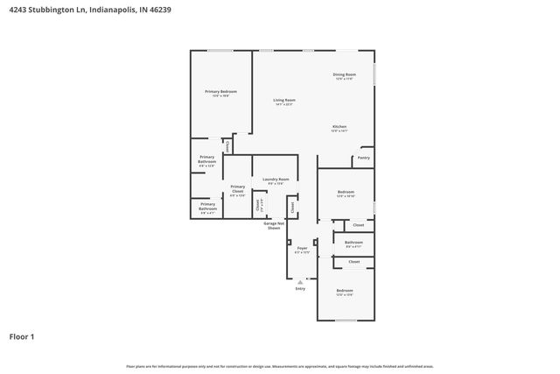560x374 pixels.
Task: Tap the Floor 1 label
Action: pyautogui.click(x=22, y=335)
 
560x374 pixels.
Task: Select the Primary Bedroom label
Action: pyautogui.click(x=220, y=92)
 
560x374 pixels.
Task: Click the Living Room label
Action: pyautogui.click(x=283, y=101)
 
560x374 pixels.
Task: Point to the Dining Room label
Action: pyautogui.click(x=344, y=75)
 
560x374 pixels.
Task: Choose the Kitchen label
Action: pyautogui.click(x=339, y=127)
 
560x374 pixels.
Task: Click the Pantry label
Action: pyautogui.click(x=363, y=158)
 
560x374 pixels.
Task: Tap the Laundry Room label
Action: pyautogui.click(x=276, y=179)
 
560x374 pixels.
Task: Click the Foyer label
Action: pyautogui.click(x=302, y=249)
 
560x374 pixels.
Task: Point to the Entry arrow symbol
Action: pyautogui.click(x=300, y=281)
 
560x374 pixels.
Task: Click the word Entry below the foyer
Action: pyautogui.click(x=300, y=288)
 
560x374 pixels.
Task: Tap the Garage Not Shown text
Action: pyautogui.click(x=273, y=225)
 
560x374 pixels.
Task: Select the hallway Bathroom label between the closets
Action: pyautogui.click(x=353, y=243)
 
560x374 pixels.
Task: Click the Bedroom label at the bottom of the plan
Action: pyautogui.click(x=345, y=291)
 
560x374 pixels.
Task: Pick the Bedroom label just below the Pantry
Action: pyautogui.click(x=346, y=192)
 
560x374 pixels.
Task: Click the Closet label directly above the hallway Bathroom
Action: pyautogui.click(x=359, y=225)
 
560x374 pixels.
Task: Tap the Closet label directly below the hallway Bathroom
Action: pyautogui.click(x=353, y=261)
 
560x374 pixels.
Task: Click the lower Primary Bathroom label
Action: pyautogui.click(x=207, y=207)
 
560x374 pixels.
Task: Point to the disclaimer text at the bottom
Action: pyautogui.click(x=279, y=366)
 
